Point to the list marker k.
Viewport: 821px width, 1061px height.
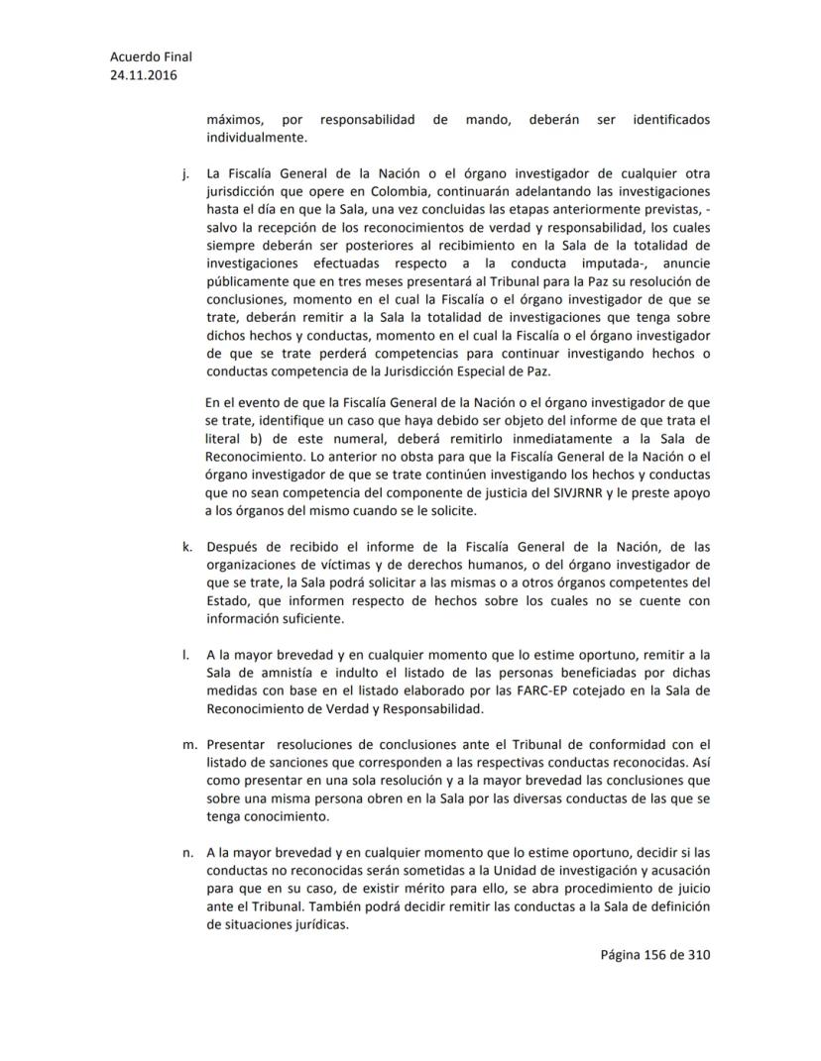(x=186, y=548)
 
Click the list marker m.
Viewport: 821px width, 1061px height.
(x=187, y=745)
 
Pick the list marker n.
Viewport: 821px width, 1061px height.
(x=186, y=851)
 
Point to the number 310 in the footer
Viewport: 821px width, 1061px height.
(x=699, y=955)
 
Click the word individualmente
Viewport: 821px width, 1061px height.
(x=257, y=138)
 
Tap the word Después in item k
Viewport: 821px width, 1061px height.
(x=234, y=548)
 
